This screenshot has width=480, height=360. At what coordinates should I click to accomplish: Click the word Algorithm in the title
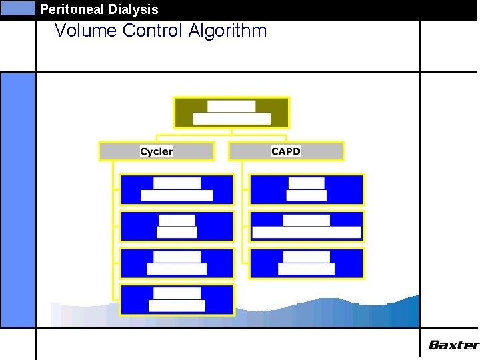tap(227, 31)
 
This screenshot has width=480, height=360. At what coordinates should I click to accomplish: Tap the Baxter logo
tap(453, 345)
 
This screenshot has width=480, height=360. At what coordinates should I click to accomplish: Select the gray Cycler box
tap(157, 151)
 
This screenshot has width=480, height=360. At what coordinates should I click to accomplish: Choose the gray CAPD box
tap(286, 151)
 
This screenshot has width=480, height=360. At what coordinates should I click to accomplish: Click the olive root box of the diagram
tap(231, 113)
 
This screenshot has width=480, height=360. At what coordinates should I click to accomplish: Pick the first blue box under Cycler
tap(177, 189)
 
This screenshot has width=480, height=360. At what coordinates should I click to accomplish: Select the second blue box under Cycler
tap(177, 226)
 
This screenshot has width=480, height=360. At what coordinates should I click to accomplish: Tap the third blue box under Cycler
tap(177, 263)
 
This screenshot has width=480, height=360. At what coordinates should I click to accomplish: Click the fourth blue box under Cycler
tap(177, 299)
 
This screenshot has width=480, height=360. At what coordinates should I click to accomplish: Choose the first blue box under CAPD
tap(307, 189)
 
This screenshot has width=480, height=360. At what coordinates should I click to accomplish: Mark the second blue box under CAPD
tap(307, 226)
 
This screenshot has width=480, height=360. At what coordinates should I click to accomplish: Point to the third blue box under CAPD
tap(307, 263)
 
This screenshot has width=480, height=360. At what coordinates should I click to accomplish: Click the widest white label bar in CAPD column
tap(307, 233)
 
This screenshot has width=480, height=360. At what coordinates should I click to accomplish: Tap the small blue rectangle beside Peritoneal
tap(18, 8)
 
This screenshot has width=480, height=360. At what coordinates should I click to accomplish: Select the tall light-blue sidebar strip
tap(18, 200)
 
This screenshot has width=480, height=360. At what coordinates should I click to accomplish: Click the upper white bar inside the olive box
tap(231, 106)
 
